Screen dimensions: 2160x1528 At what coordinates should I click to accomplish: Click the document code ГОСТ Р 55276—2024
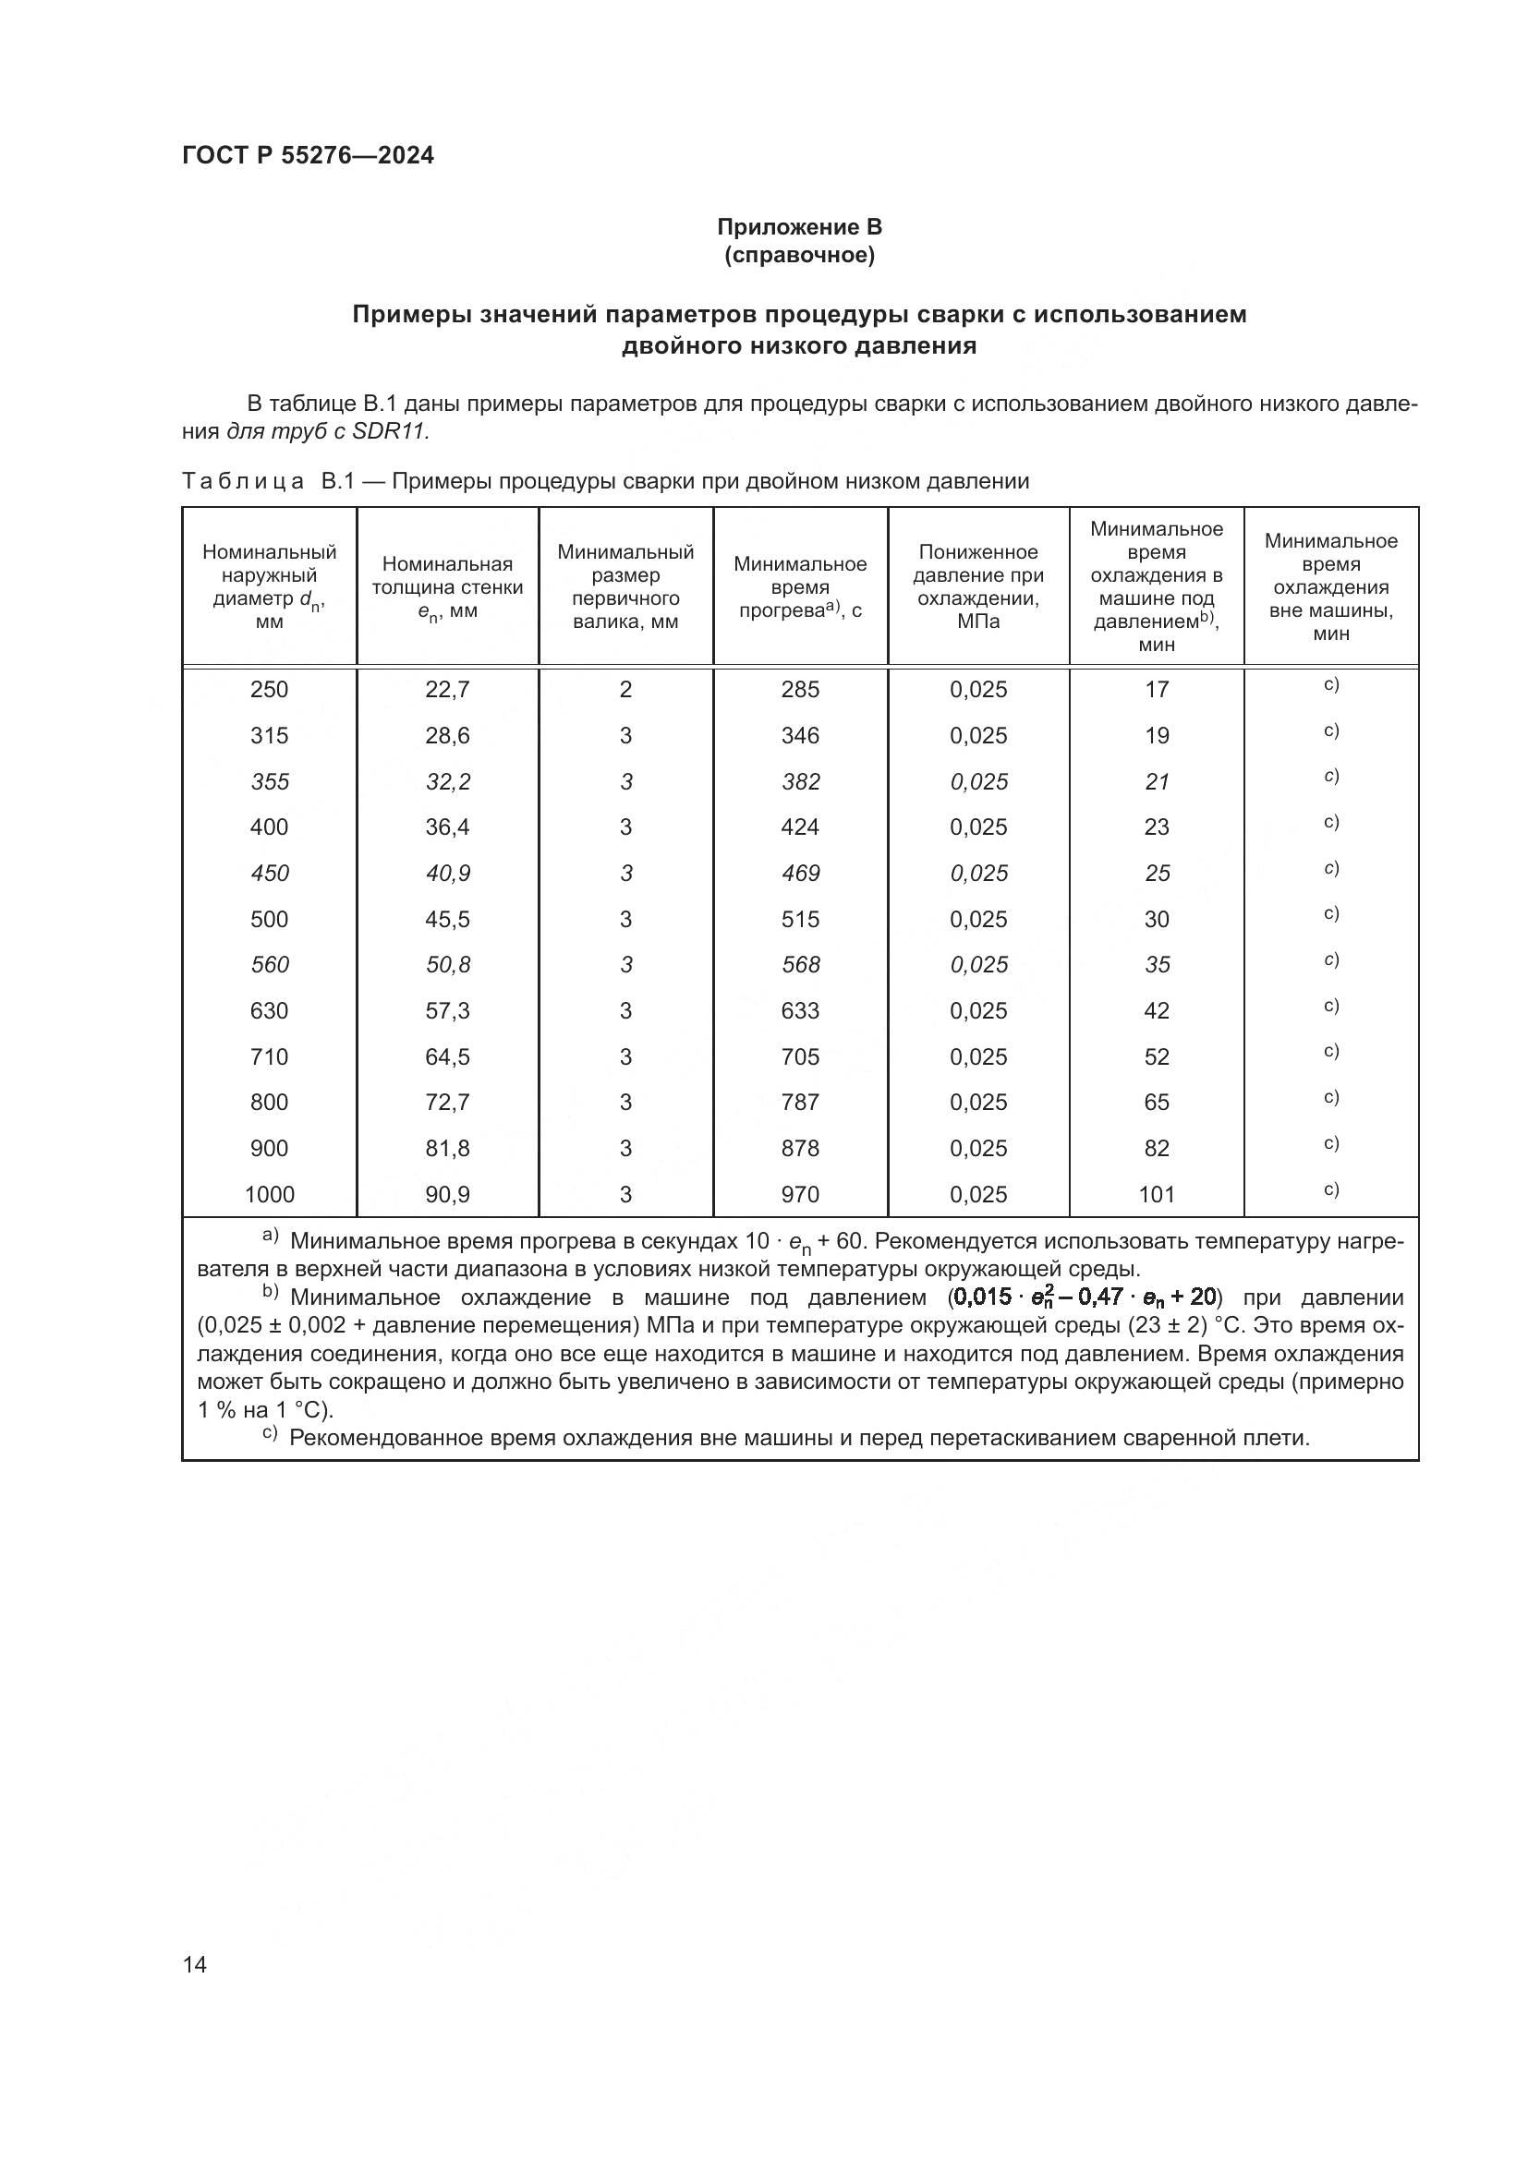click(308, 155)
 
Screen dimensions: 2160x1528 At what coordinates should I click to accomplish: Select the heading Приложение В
click(799, 227)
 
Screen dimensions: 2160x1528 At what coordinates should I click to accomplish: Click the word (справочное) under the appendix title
click(799, 255)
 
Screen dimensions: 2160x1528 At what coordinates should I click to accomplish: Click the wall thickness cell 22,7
click(447, 690)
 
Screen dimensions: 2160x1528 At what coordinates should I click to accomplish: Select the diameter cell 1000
click(269, 1195)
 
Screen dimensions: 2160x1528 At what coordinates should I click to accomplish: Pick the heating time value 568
click(800, 965)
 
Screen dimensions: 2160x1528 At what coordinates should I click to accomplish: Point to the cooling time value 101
click(1157, 1195)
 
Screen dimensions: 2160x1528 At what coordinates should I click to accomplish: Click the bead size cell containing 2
click(625, 690)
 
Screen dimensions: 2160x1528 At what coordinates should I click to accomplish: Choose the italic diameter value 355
click(269, 782)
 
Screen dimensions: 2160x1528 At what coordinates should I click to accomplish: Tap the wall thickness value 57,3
click(447, 1011)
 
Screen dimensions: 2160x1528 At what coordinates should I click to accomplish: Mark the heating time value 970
click(800, 1195)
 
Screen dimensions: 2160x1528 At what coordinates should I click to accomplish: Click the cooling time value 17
click(1157, 690)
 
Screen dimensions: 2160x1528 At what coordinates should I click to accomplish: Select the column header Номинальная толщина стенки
click(447, 587)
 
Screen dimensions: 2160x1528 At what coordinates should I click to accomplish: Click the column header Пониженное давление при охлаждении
click(977, 587)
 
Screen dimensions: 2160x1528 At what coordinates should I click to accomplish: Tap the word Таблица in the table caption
click(243, 482)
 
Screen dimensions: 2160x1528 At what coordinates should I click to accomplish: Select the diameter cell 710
click(269, 1057)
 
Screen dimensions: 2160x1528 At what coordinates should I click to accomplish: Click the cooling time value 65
click(1157, 1103)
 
